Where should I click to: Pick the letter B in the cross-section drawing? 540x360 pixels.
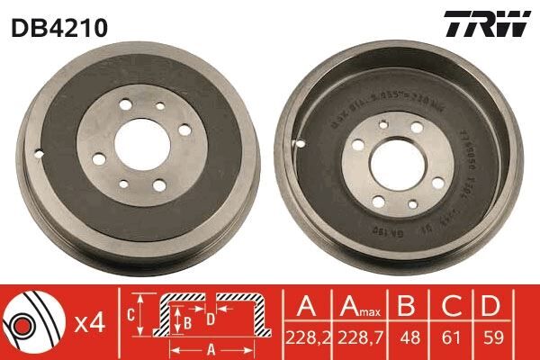click(187, 320)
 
